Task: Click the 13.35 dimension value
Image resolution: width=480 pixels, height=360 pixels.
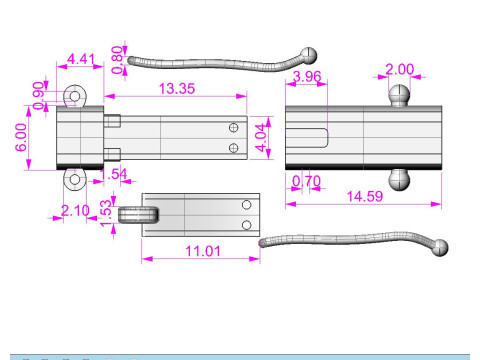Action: pyautogui.click(x=177, y=89)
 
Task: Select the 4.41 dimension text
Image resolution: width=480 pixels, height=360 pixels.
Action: pyautogui.click(x=81, y=59)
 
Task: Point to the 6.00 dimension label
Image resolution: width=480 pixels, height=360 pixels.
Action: pyautogui.click(x=21, y=137)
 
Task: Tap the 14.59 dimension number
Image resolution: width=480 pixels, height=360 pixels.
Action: pyautogui.click(x=365, y=196)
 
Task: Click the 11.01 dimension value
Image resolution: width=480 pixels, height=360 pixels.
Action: pyautogui.click(x=203, y=251)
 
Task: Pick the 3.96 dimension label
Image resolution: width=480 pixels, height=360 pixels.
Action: pyautogui.click(x=307, y=77)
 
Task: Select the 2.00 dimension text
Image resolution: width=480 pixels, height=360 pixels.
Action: pyautogui.click(x=399, y=69)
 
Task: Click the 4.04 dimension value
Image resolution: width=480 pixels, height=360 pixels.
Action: pyautogui.click(x=261, y=138)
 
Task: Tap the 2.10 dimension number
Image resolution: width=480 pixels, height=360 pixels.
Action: pyautogui.click(x=75, y=211)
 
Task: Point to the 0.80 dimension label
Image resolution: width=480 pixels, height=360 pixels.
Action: pyautogui.click(x=117, y=60)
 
